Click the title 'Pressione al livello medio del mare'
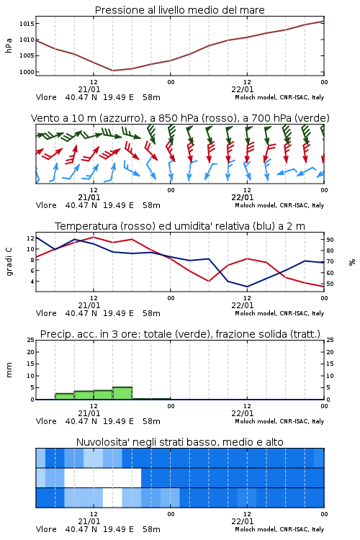179,10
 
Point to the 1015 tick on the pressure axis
27,24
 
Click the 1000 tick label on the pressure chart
27,72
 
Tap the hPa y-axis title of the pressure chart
9,45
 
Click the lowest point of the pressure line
112,71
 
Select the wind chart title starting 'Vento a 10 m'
180,118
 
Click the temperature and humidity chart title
180,226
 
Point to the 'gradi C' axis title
9,262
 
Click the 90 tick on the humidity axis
330,240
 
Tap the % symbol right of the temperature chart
352,262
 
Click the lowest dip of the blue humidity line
247,287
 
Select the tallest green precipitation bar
122,393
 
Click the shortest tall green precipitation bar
64,397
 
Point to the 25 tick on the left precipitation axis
30,340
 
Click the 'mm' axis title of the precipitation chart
9,370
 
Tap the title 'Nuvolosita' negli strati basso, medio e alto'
179,442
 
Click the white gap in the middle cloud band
103,477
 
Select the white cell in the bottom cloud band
112,498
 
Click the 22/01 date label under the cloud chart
242,521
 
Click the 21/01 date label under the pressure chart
89,89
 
